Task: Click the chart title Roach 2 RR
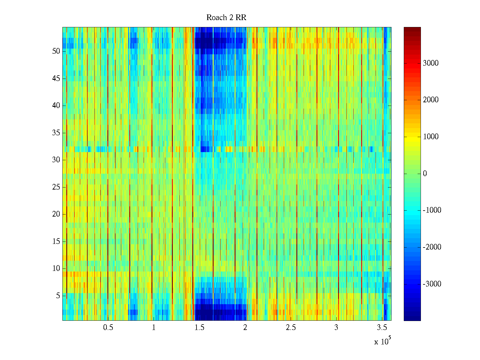click(226, 18)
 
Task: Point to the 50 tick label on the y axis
click(56, 51)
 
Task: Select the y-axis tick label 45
click(56, 79)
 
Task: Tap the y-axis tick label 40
click(56, 106)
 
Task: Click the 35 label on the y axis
click(56, 133)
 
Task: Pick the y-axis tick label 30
click(56, 160)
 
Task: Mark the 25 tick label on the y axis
click(56, 187)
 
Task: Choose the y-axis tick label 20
click(56, 214)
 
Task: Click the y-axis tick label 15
click(56, 241)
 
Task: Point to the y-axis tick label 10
click(56, 268)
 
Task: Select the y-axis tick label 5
click(58, 296)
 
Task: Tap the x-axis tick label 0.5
click(108, 328)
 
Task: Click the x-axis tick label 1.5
click(199, 328)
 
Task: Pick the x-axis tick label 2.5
click(291, 328)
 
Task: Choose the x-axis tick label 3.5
click(382, 328)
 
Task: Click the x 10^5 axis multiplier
click(382, 341)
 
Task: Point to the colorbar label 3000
click(430, 63)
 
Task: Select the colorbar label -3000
click(432, 284)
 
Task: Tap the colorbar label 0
click(425, 174)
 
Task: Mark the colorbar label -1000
click(432, 210)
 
